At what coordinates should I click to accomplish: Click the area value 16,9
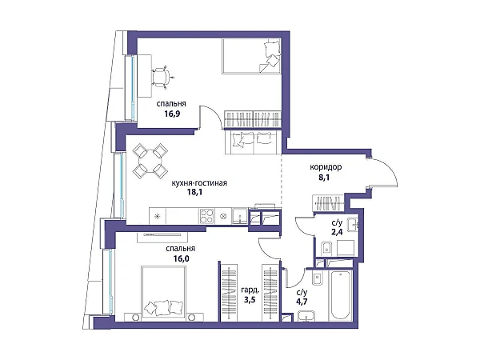click(172, 114)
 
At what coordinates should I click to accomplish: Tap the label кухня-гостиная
click(199, 183)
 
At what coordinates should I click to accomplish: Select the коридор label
click(326, 167)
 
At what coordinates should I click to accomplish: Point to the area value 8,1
click(324, 178)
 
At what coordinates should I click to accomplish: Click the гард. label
click(250, 290)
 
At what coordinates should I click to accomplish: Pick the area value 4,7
click(302, 302)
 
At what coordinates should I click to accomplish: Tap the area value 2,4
click(337, 232)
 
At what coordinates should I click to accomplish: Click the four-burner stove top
click(206, 216)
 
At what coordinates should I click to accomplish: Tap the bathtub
click(340, 294)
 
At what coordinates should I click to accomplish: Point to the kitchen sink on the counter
click(240, 216)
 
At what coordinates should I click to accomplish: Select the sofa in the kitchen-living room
click(252, 142)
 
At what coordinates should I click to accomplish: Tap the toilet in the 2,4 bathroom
click(327, 248)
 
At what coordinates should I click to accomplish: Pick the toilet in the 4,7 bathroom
click(317, 278)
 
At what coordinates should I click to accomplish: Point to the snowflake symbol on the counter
click(158, 216)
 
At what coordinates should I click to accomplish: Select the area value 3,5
click(250, 299)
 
